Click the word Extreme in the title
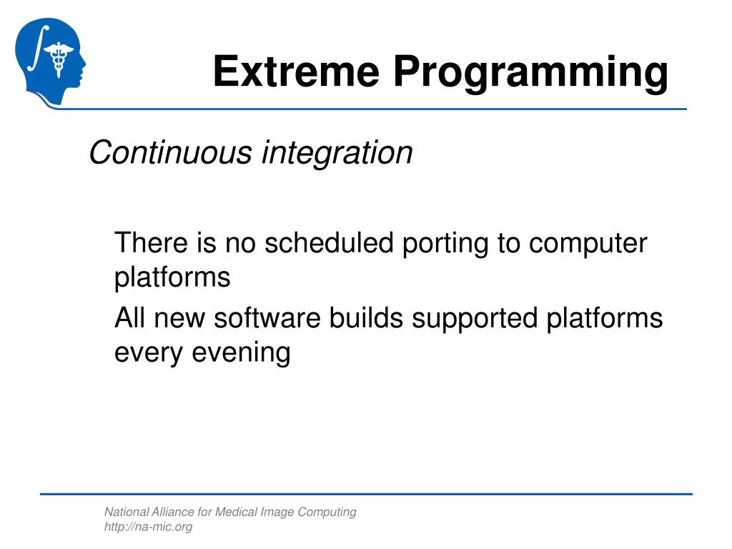click(296, 71)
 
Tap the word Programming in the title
click(531, 74)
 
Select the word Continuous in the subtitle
click(170, 152)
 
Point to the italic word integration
click(337, 154)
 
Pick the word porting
click(445, 244)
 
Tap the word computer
click(588, 244)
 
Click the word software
click(267, 317)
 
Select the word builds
click(366, 317)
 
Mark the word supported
click(475, 320)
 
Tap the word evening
click(241, 354)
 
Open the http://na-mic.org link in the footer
click(149, 527)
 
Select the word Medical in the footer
click(236, 512)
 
